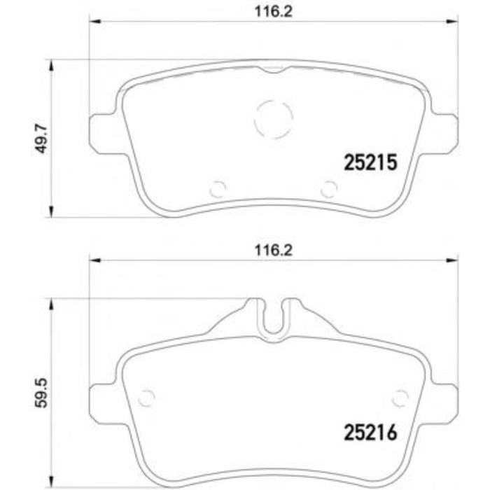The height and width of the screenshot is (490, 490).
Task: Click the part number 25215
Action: [370, 162]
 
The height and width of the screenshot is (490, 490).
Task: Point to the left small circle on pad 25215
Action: [218, 189]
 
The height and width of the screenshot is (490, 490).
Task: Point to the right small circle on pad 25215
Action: [328, 189]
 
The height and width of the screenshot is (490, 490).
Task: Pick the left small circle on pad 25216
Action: [146, 397]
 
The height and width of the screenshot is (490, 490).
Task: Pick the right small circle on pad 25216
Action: [400, 397]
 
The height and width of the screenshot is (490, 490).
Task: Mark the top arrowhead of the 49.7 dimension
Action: [50, 65]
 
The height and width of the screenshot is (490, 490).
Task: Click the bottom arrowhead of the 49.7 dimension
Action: [50, 211]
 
